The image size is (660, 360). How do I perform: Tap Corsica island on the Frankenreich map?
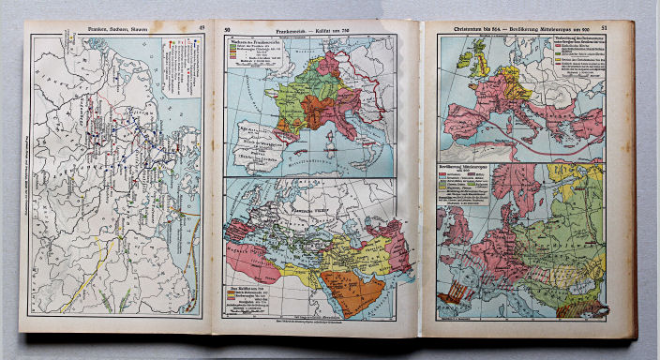coord(322,126)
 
